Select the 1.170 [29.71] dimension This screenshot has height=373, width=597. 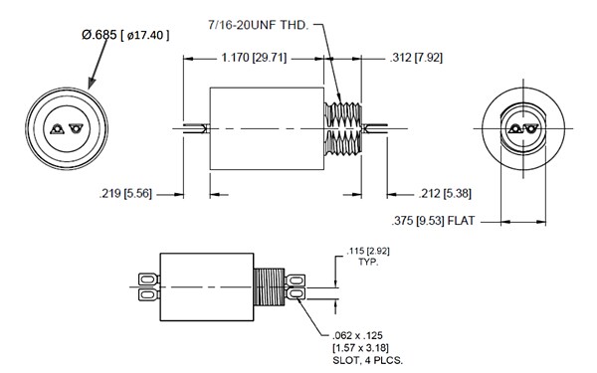point(254,59)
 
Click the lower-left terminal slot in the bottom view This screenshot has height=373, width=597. point(146,295)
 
